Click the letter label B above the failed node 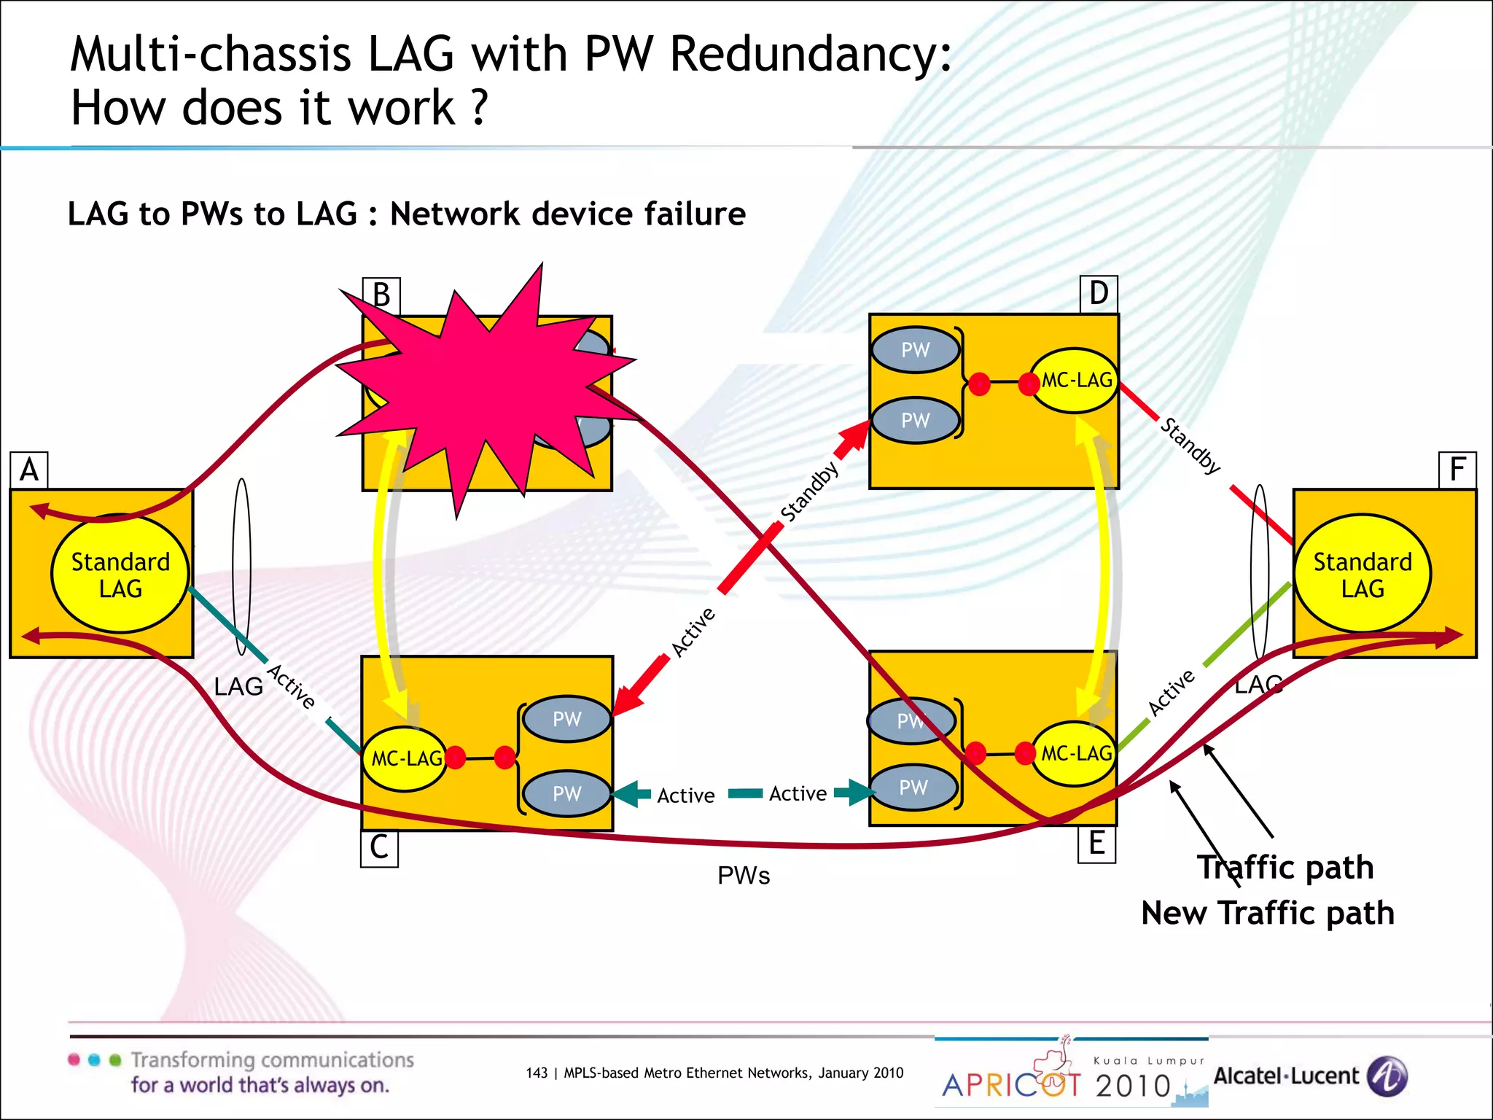381,295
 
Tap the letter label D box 1099,294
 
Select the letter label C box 379,848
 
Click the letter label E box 1096,844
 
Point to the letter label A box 29,470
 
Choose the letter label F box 1457,470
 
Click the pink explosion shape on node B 481,386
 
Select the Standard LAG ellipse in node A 120,575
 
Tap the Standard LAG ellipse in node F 1362,575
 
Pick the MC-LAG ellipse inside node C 405,759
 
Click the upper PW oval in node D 916,350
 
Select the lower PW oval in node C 567,794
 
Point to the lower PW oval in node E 913,788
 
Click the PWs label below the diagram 744,876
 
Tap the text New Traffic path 1267,914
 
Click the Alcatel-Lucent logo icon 1387,1076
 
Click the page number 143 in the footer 536,1073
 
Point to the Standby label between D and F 1190,446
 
